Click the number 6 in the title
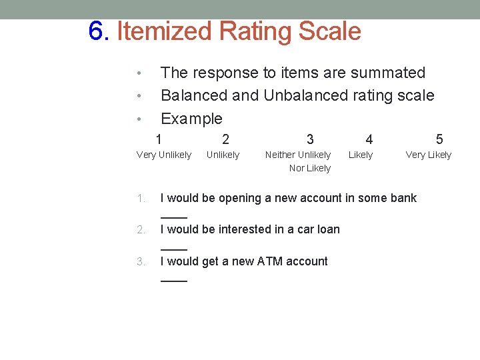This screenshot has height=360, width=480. [97, 31]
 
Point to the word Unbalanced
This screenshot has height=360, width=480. [305, 95]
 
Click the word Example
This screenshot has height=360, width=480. [191, 119]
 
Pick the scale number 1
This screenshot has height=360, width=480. [158, 139]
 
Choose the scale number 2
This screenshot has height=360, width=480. [225, 139]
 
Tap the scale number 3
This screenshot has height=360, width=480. [310, 139]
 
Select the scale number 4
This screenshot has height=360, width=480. [369, 139]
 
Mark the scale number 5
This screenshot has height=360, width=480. [439, 139]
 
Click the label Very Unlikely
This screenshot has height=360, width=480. [164, 155]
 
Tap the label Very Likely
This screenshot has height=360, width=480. [429, 155]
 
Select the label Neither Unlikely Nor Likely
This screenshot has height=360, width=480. [298, 161]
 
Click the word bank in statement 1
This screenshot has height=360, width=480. [403, 198]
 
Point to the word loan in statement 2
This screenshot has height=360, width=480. [329, 229]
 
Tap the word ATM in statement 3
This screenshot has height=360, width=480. [245, 261]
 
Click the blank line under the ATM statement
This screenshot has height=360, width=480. [174, 281]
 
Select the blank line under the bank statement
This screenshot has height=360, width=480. [174, 217]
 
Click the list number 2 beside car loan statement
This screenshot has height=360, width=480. [141, 230]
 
